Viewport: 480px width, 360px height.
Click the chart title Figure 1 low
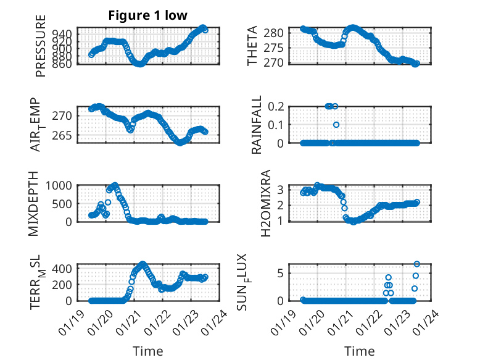click(147, 15)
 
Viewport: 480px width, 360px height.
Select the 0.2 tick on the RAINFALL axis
click(276, 106)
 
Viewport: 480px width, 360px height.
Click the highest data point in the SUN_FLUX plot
click(416, 264)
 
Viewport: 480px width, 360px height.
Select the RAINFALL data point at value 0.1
click(336, 125)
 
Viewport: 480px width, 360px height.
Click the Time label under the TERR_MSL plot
click(148, 351)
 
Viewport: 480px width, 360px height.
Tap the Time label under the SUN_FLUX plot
click(360, 351)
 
